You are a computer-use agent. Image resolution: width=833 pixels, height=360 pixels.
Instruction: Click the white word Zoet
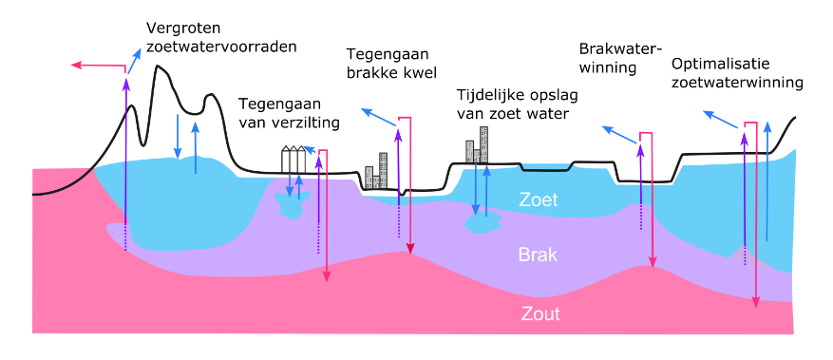[x=539, y=199]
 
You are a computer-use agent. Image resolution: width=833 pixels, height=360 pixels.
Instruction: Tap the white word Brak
[x=538, y=255]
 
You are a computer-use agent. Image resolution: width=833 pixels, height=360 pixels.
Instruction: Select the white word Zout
[x=539, y=313]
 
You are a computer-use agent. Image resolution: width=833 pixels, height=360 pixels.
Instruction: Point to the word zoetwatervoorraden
[x=221, y=47]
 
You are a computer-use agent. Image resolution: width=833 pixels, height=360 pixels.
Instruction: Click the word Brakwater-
[x=620, y=48]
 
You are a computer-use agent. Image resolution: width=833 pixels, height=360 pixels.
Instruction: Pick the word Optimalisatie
[x=720, y=65]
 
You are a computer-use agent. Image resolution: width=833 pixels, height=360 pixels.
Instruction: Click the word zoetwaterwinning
[x=737, y=83]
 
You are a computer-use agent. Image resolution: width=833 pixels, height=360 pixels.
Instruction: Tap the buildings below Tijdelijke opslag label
[x=477, y=144]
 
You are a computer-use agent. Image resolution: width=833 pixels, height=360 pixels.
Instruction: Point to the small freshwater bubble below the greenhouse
[x=289, y=206]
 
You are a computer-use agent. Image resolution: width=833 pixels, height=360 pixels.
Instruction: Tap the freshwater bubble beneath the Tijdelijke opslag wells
[x=483, y=223]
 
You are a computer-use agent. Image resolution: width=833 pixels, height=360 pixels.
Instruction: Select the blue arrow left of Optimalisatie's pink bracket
[x=720, y=120]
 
